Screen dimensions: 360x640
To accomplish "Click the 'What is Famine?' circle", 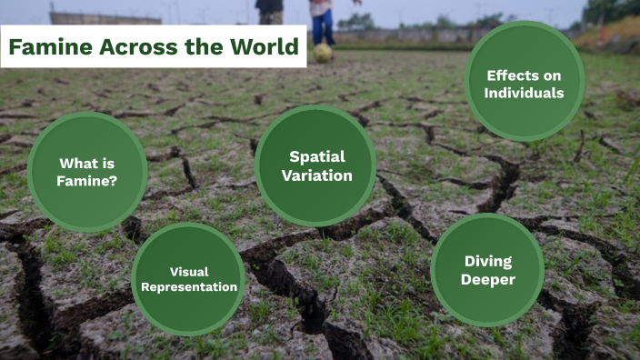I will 87,172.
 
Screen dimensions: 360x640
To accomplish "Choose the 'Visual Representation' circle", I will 188,279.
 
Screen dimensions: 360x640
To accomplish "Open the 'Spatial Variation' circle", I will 315,165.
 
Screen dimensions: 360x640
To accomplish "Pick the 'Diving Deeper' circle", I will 487,270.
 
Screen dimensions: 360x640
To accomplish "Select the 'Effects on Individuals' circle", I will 525,83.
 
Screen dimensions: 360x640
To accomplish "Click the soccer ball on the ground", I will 323,53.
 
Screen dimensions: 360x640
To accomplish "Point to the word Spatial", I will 316,156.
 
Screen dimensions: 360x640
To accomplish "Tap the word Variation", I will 316,175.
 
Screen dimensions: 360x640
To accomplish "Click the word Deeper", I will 488,279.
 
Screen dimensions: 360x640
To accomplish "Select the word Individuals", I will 525,93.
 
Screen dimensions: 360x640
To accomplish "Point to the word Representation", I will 189,287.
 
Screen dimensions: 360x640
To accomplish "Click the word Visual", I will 189,271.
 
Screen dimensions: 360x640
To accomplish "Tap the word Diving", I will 488,261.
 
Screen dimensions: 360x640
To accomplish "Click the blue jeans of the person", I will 322,25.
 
